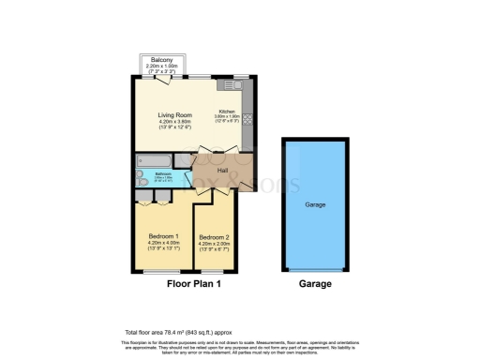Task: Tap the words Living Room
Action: (x=173, y=115)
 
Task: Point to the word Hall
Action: (x=223, y=170)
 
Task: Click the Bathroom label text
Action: (x=163, y=173)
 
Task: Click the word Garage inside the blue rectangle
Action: (x=315, y=202)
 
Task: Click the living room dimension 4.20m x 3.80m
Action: (x=173, y=122)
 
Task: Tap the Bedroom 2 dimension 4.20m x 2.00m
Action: (x=215, y=245)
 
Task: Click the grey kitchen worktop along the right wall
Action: (x=248, y=117)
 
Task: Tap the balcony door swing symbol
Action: (x=165, y=81)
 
